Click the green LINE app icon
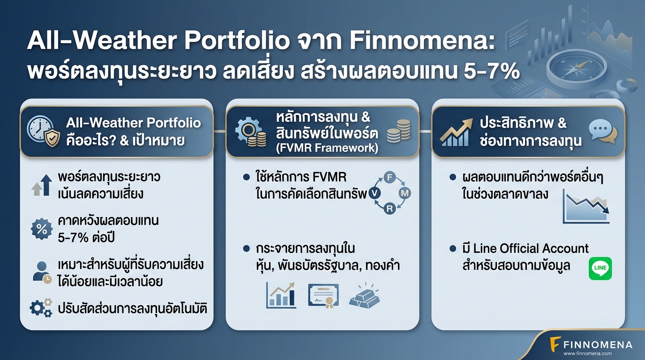coord(600,269)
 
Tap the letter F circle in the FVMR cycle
coord(390,177)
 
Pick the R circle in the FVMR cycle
coord(390,209)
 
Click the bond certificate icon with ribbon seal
coord(323,295)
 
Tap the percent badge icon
coord(42,229)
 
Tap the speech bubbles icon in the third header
coord(603,131)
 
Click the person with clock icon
coord(42,272)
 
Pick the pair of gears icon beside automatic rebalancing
coord(41,307)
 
